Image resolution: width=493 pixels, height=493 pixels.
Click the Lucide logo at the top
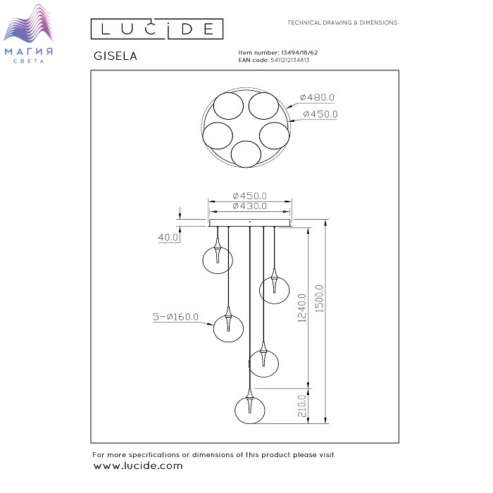pos(157,29)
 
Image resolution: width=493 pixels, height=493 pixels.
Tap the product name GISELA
pos(116,56)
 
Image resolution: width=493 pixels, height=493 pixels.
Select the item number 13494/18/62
pos(299,53)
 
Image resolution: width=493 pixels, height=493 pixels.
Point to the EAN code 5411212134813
pos(290,60)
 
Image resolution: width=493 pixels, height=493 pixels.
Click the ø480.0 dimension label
pos(317,97)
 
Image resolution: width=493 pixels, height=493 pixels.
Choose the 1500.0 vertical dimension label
pos(319,299)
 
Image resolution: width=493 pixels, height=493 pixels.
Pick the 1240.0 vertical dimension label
pos(302,308)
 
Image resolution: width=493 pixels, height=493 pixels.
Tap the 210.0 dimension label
pos(302,406)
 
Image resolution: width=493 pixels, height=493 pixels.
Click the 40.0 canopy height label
pos(168,237)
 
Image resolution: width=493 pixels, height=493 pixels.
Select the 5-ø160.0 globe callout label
pos(175,317)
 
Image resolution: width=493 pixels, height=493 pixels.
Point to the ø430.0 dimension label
pos(249,206)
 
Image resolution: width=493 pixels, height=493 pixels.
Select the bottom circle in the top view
pos(246,154)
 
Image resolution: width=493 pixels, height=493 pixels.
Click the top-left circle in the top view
pos(228,106)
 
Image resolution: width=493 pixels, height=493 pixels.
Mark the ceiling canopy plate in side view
pos(250,223)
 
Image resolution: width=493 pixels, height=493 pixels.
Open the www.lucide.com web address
pos(138,466)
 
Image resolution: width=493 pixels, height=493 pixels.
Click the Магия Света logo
pos(28,34)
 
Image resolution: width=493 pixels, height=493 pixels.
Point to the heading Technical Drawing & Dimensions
pos(342,23)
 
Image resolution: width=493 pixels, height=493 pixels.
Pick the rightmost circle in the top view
pos(275,135)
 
